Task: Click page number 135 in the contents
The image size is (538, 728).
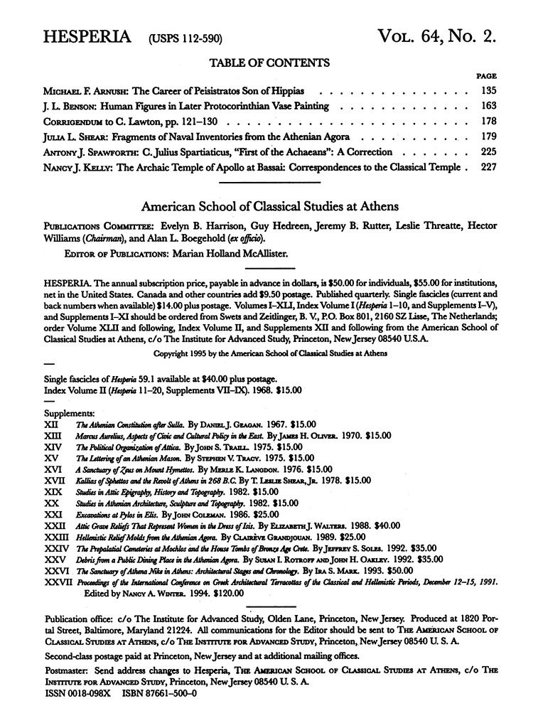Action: click(487, 92)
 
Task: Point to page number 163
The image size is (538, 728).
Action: click(487, 107)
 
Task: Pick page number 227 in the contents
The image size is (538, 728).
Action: click(487, 168)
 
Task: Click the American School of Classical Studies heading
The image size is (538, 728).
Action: click(269, 206)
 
